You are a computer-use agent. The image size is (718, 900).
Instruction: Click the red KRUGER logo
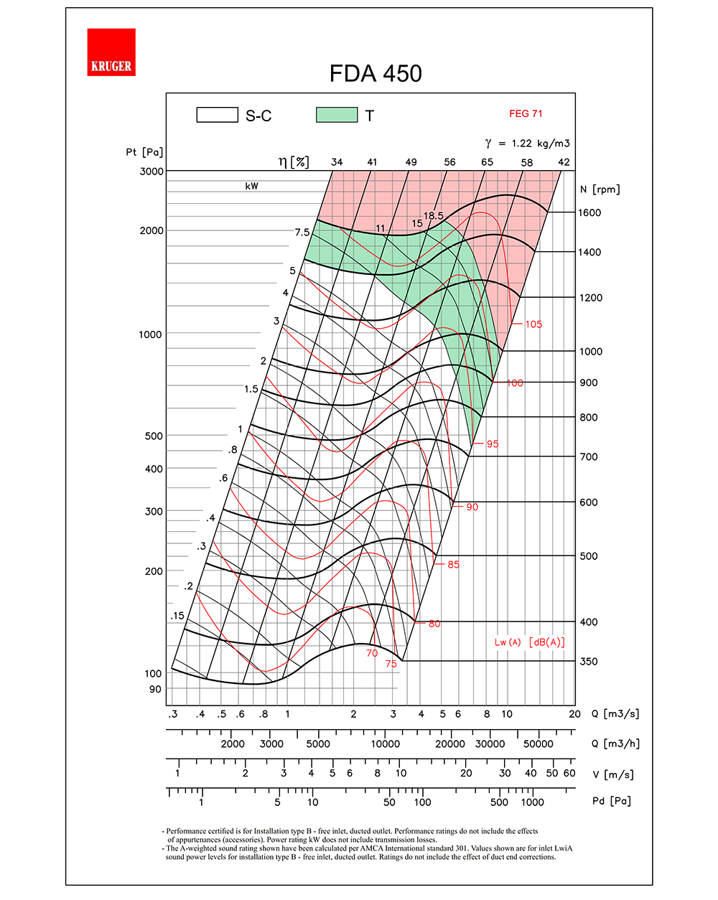click(x=111, y=52)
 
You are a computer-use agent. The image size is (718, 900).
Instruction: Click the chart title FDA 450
click(x=376, y=73)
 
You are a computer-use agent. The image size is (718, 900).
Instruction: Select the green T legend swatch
click(x=337, y=115)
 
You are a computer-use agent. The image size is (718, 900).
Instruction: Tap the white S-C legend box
click(x=217, y=115)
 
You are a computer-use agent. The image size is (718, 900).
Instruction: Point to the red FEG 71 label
click(x=526, y=113)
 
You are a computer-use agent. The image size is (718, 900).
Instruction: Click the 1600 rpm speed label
click(x=589, y=212)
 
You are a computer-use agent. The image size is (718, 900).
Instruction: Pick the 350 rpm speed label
click(x=588, y=661)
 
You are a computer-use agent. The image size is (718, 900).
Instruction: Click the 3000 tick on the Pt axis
click(x=151, y=172)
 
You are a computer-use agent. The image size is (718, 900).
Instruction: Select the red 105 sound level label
click(x=533, y=324)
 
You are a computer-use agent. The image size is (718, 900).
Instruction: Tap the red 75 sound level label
click(x=391, y=664)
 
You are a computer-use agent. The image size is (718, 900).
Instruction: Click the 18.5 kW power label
click(x=433, y=215)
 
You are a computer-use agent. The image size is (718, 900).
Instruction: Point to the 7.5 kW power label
click(x=302, y=233)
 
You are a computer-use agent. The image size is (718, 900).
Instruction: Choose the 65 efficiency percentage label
click(x=487, y=162)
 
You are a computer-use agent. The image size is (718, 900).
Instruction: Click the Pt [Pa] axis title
click(x=144, y=152)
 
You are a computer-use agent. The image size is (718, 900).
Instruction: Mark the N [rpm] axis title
click(x=600, y=189)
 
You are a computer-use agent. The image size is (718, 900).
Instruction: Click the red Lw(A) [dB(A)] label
click(x=529, y=642)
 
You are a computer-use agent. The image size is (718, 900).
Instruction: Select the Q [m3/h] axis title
click(x=615, y=744)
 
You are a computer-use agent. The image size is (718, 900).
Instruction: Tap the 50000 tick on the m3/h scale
click(x=538, y=744)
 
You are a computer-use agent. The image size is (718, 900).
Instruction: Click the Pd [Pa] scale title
click(x=612, y=801)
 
